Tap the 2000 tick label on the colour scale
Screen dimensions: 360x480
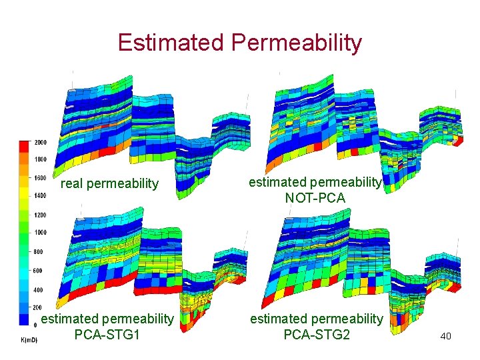coord(41,143)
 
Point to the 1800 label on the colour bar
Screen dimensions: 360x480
coord(41,160)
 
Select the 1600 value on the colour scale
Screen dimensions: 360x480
coord(41,178)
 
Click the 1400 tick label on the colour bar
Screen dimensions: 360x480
coord(41,195)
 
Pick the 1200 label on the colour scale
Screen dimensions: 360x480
coord(41,215)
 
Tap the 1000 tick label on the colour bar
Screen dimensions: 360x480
coord(41,233)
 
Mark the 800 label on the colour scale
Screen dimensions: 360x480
coord(39,252)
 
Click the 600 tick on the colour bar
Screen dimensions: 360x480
coord(39,271)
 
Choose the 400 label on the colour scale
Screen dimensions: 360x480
coord(39,290)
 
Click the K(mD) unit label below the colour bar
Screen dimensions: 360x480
coord(27,340)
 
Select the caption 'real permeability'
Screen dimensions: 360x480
coord(110,183)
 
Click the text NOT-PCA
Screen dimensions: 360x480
coord(315,197)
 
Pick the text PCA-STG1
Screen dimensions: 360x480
coord(107,334)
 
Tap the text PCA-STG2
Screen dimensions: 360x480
coord(317,334)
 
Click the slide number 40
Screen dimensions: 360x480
coord(445,336)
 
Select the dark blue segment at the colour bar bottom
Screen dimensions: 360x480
coord(25,320)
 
